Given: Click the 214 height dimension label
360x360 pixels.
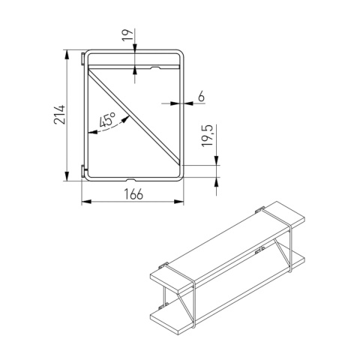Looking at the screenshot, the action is (x=60, y=115).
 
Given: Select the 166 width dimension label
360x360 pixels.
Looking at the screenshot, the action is (x=133, y=194).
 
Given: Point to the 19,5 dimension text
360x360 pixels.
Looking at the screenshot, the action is (x=207, y=135).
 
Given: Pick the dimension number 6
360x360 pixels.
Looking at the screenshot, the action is (x=201, y=96).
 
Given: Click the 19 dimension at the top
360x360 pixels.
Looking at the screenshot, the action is (x=127, y=35).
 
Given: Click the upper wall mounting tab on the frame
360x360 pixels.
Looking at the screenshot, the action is (x=82, y=59).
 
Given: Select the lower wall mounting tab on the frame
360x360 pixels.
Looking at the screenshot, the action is (x=82, y=172).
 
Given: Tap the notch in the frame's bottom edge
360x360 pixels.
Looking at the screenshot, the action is (x=130, y=179).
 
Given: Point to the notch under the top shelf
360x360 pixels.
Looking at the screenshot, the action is (x=156, y=67).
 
